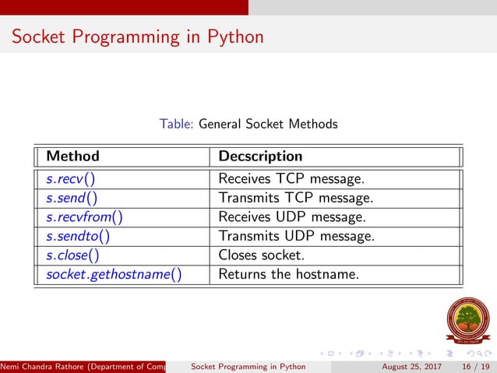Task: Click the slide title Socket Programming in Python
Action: tap(138, 37)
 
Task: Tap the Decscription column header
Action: tap(260, 157)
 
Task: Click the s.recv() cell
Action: tap(70, 179)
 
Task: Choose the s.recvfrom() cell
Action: tap(85, 216)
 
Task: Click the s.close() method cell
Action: tap(72, 255)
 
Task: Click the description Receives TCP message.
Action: tap(291, 179)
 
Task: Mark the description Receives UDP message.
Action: tap(291, 216)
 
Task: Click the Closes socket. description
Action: tap(262, 255)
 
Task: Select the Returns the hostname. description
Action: tap(288, 273)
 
